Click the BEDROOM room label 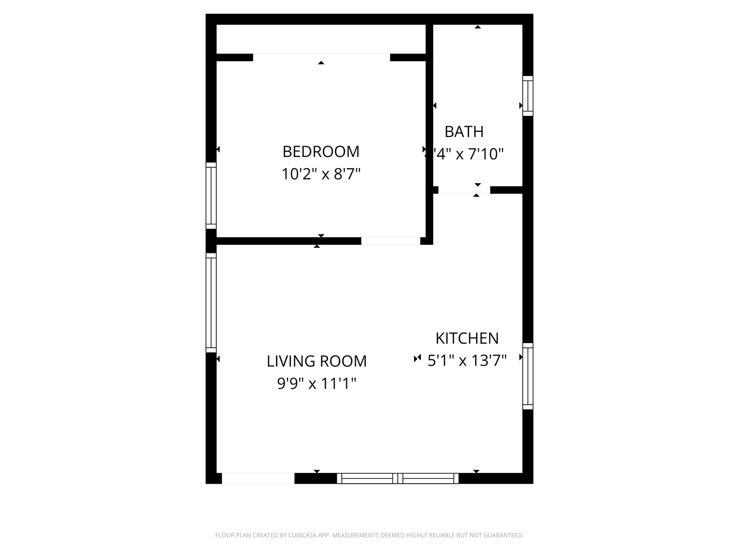click(321, 151)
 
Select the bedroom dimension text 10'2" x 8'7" click(321, 174)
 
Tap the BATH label click(464, 132)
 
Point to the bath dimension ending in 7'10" click(468, 154)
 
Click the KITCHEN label click(467, 339)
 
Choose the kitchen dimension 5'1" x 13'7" click(467, 361)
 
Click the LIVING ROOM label click(317, 361)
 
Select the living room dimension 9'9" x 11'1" click(317, 383)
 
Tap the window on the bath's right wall click(528, 96)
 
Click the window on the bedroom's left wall click(211, 195)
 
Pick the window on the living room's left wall click(211, 302)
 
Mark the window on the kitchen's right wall click(528, 376)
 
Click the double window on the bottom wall click(398, 479)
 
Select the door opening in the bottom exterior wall click(258, 479)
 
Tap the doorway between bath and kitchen click(464, 190)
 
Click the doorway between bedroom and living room click(391, 241)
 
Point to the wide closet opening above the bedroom click(321, 57)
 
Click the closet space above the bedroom click(321, 38)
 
